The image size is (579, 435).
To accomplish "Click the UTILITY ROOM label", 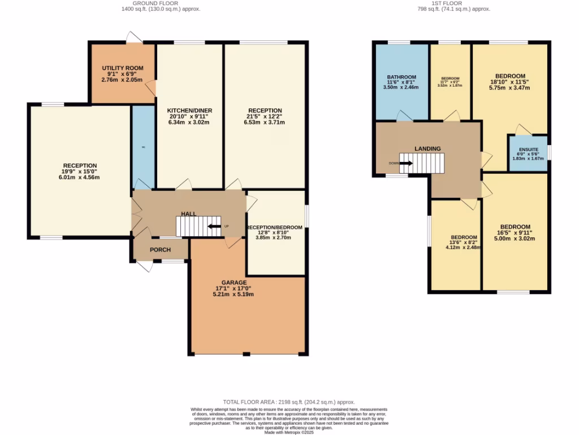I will [122, 68].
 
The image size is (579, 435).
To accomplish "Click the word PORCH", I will [160, 250].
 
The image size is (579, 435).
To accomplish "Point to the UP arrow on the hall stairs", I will [214, 227].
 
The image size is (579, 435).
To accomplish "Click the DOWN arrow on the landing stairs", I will [406, 163].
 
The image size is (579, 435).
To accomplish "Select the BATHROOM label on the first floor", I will [401, 78].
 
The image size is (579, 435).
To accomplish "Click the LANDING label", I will [427, 148].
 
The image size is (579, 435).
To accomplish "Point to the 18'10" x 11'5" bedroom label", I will [510, 82].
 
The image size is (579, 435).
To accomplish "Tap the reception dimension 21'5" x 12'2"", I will [265, 116].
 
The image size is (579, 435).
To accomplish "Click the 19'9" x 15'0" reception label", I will [80, 171].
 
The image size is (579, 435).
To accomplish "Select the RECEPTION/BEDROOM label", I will [275, 227].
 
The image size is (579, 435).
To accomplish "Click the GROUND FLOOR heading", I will [161, 3].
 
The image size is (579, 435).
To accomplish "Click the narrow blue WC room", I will [143, 146].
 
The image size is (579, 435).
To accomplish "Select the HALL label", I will [188, 214].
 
